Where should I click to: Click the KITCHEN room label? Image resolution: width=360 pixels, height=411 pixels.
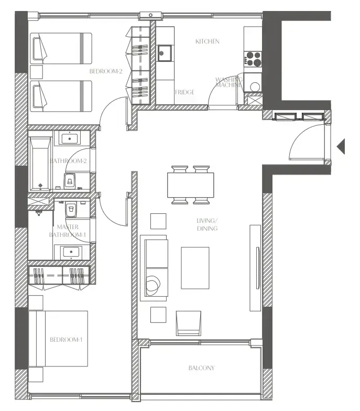(x=207, y=41)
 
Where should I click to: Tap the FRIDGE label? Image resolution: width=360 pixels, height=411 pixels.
(x=184, y=92)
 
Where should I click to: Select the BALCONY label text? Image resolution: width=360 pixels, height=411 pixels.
(x=201, y=368)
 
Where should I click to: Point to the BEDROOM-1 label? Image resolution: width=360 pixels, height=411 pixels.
(x=66, y=340)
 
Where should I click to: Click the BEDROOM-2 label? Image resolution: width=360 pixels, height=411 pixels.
(x=106, y=71)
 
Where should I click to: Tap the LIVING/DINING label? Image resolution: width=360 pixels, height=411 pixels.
(x=207, y=225)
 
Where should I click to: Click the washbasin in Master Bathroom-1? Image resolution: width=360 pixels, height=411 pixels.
(x=70, y=253)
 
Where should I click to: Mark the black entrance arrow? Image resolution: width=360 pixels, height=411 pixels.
(x=341, y=147)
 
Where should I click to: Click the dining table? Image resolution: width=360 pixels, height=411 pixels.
(x=191, y=185)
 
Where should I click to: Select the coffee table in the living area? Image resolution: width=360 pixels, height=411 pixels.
(x=195, y=267)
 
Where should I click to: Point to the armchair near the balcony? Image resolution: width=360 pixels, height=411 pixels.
(x=188, y=322)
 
